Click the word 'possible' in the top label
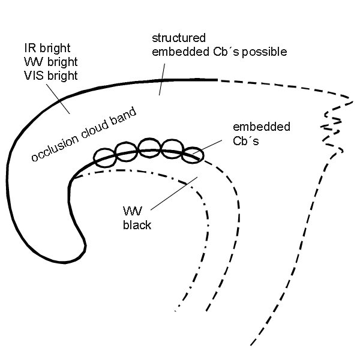coord(265,52)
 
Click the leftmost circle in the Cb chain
coord(105,155)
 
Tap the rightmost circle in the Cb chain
coord(193,155)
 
